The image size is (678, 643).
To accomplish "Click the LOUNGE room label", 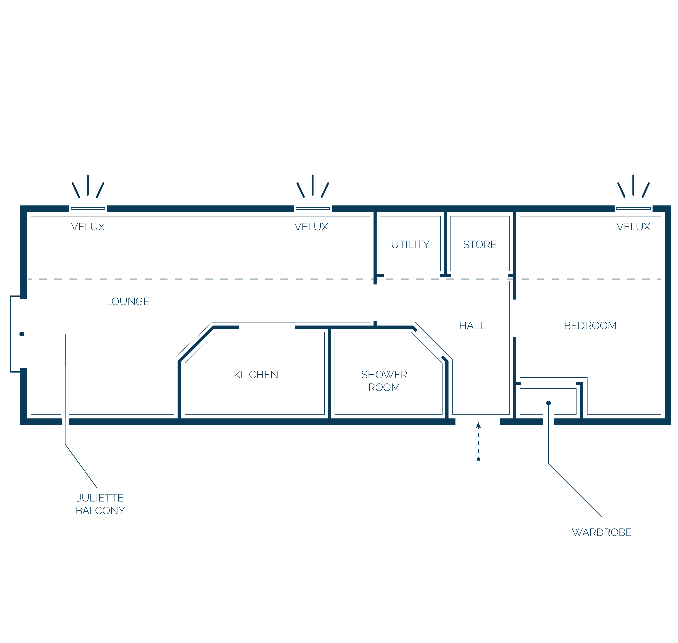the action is pos(128,302).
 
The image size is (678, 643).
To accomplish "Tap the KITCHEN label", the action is pos(256,375).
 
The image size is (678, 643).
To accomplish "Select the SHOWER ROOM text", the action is pos(384,381).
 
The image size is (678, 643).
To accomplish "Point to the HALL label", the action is pos(473,326).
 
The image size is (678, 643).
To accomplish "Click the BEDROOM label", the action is pos(590,326).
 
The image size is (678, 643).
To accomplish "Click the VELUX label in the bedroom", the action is pos(633,227).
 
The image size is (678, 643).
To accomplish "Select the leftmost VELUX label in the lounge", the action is pos(88,227).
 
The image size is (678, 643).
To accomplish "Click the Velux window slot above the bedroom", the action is pos(633,208).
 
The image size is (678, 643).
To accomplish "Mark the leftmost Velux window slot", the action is pos(88,208).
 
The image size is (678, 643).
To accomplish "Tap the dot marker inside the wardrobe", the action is pos(549,403).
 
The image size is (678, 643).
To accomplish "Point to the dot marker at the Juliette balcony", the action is pos(22,334).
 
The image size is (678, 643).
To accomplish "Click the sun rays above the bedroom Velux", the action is pos(633,186).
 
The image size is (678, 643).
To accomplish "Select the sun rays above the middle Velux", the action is pos(313,186).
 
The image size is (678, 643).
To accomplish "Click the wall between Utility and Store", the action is pos(445,243).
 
